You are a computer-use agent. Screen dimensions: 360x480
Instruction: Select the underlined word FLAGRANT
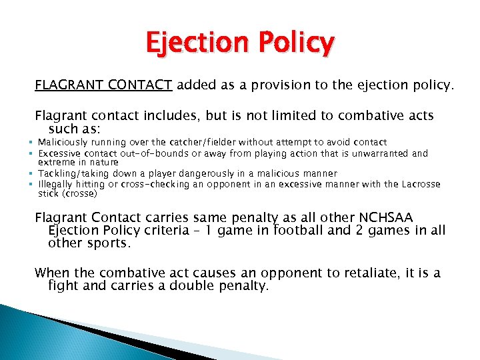(67, 85)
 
